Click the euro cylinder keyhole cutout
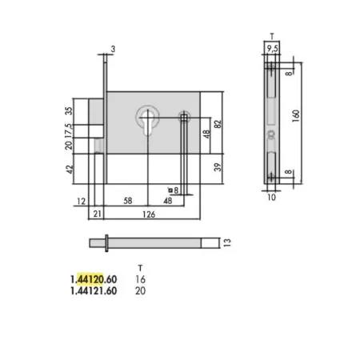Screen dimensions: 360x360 [147, 123]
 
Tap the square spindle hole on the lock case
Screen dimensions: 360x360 [184, 118]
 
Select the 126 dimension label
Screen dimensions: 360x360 [149, 214]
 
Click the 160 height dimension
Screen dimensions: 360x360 [296, 116]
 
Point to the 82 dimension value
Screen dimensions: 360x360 [218, 124]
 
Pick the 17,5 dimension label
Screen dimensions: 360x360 [69, 130]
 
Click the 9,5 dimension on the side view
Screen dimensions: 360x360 [272, 49]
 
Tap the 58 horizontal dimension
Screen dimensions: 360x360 [128, 201]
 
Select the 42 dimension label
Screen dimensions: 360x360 [70, 169]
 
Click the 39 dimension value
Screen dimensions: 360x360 [218, 167]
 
